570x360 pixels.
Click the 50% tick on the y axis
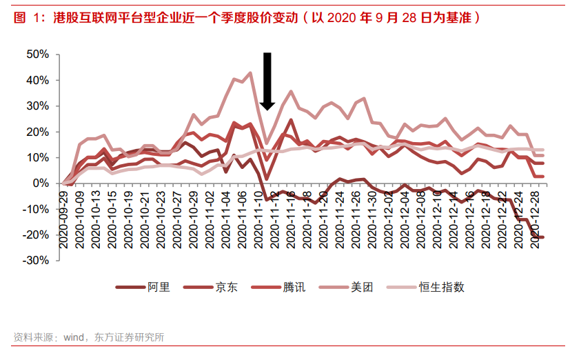37,54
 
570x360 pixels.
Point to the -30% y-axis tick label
35,261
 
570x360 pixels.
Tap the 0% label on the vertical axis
40,183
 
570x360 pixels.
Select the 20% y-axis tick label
37,132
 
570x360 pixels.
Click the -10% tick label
35,209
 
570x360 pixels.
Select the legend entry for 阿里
156,287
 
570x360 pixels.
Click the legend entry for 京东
226,287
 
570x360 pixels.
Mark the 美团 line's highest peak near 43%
250,72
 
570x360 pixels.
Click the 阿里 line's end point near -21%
542,237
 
